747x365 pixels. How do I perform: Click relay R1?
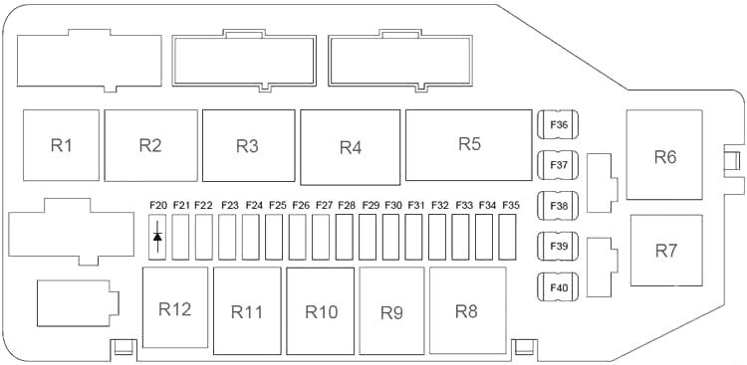(x=61, y=145)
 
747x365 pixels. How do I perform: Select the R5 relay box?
(x=469, y=145)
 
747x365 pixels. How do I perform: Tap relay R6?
(x=664, y=155)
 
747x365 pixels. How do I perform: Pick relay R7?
(x=666, y=251)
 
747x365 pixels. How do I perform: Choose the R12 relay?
(x=175, y=307)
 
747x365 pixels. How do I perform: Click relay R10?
(x=321, y=311)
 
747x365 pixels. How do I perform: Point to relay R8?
(x=467, y=310)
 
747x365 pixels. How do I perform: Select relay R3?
(x=249, y=145)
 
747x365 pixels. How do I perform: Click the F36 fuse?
(x=558, y=125)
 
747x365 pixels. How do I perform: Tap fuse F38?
(x=558, y=206)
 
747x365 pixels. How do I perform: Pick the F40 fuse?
(x=558, y=287)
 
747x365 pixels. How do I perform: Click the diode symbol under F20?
(x=157, y=237)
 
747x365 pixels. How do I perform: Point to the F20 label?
(x=158, y=206)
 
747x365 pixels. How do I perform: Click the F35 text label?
(x=511, y=206)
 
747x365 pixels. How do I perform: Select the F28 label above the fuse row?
(x=347, y=206)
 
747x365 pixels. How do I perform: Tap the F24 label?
(x=254, y=206)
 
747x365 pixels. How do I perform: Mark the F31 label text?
(x=416, y=206)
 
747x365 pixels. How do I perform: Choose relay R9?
(x=391, y=311)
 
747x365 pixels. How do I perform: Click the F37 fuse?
(x=558, y=166)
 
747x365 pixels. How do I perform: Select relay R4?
(x=351, y=147)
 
